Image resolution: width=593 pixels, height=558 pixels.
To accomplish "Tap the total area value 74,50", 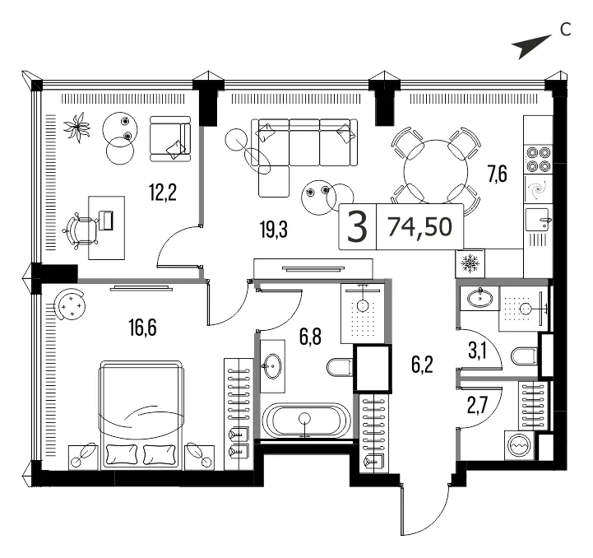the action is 420,227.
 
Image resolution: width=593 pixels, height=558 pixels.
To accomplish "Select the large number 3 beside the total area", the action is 357,227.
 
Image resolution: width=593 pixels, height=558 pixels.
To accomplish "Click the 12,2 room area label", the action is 163,193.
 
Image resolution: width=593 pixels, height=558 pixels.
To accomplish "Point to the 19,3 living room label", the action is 274,230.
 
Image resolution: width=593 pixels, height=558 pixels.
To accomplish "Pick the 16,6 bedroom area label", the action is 142,328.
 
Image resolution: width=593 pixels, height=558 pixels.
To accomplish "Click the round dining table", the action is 436,172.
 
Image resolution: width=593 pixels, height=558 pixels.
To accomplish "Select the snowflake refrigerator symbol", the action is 470,263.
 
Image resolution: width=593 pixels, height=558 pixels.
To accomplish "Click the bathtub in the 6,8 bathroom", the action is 306,421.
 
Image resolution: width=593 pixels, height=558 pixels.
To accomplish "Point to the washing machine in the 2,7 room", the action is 520,445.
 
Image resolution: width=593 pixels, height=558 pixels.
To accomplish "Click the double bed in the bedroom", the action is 141,415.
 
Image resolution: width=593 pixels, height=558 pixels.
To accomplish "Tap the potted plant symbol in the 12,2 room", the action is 77,128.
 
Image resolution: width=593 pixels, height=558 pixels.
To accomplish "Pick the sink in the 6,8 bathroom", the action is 272,366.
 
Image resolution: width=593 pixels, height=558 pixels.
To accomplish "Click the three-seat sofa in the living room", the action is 305,142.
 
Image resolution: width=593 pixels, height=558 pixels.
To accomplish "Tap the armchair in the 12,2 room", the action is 170,139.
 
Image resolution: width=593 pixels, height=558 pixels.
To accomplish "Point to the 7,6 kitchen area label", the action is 498,174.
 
